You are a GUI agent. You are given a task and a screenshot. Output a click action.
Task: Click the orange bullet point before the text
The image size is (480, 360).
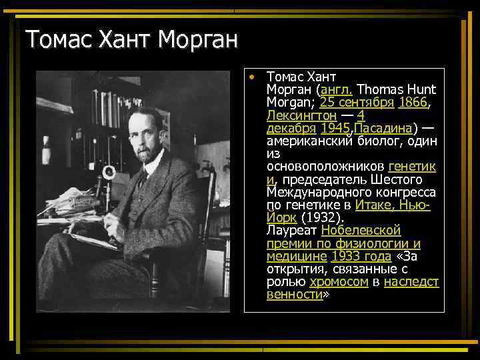click(x=251, y=77)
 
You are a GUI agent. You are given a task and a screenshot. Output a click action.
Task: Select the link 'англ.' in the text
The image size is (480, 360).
click(x=337, y=90)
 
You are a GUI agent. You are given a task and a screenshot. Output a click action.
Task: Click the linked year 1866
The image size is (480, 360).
click(x=412, y=103)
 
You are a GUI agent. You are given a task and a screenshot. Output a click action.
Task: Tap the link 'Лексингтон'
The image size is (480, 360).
click(x=299, y=115)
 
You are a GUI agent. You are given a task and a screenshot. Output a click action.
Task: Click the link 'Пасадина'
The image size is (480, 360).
click(x=385, y=128)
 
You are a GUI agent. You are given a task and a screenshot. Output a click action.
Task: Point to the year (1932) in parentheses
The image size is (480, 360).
click(x=322, y=217)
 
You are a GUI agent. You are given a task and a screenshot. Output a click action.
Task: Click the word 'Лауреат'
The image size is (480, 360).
click(x=291, y=230)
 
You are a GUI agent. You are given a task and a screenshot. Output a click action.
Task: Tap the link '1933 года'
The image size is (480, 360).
click(x=361, y=256)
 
